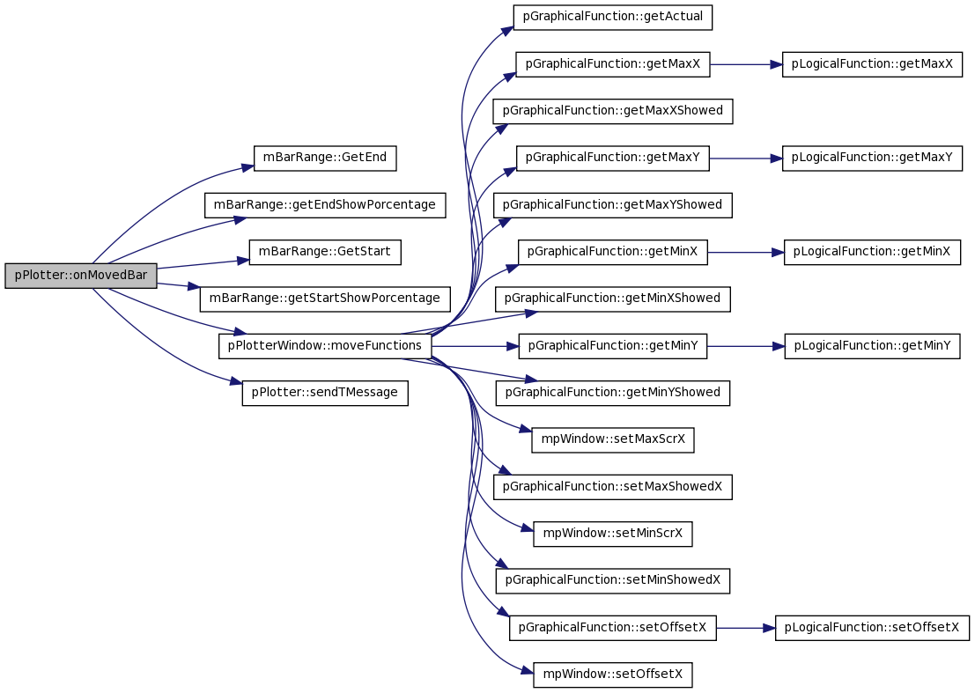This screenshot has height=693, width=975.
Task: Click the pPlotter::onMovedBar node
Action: tap(81, 276)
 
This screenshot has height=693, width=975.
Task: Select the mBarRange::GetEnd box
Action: tap(325, 158)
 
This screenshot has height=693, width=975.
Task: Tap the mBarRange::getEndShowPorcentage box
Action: tap(325, 205)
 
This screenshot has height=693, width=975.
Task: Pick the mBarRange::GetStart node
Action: tap(325, 252)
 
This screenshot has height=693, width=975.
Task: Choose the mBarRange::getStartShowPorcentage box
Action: tap(325, 299)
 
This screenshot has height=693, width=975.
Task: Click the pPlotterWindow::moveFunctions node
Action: tap(325, 345)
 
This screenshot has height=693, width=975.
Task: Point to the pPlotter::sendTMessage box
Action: tap(325, 393)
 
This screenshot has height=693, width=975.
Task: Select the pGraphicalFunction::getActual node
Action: tap(612, 17)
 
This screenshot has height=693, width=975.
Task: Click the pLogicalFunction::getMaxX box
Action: tap(872, 64)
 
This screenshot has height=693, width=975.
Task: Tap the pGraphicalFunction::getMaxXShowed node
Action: tap(612, 111)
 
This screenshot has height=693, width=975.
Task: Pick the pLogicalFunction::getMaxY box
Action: tap(872, 158)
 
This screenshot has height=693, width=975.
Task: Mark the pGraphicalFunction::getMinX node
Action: tap(612, 252)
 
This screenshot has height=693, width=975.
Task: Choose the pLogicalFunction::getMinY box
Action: tap(872, 345)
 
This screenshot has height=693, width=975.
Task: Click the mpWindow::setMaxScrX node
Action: tap(612, 439)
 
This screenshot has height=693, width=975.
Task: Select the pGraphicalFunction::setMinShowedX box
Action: tap(612, 580)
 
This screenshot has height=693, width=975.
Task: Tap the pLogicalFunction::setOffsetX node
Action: tap(872, 628)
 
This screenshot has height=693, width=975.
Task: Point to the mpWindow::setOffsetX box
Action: tap(612, 675)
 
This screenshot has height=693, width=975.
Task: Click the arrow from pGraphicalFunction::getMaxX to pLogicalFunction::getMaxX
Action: tap(746, 64)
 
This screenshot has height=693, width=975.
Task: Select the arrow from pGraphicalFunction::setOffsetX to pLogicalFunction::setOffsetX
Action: tap(745, 628)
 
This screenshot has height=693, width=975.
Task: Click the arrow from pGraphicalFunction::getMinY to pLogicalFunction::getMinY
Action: tap(746, 345)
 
